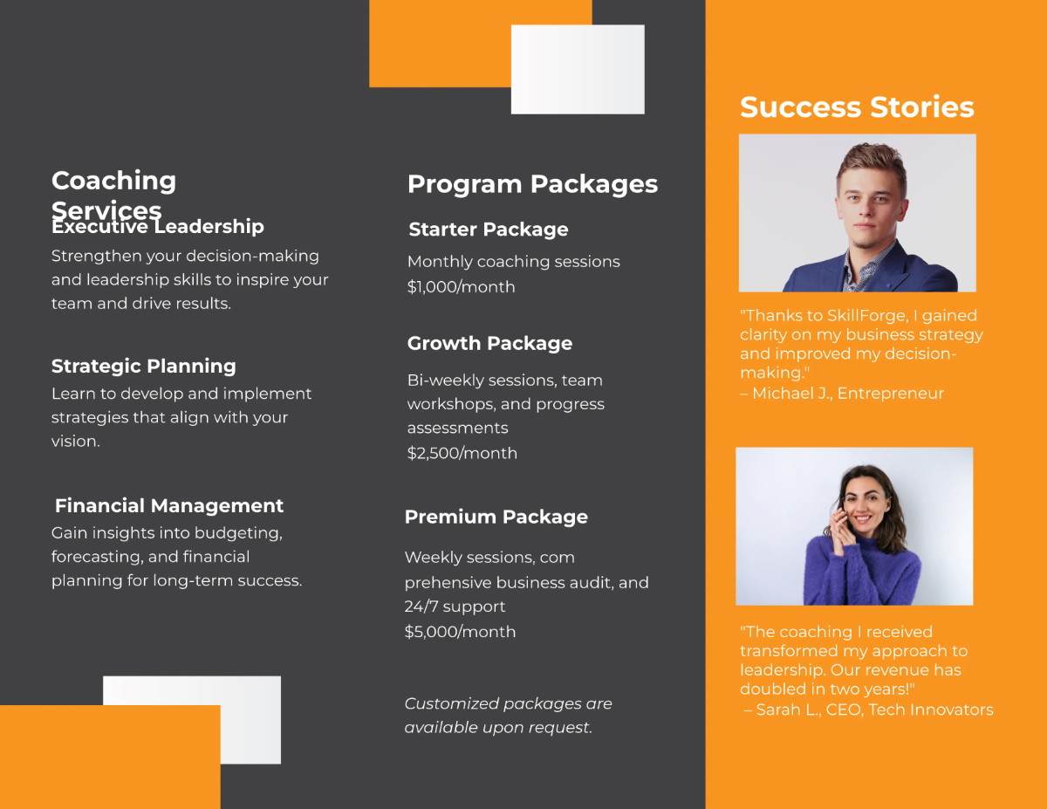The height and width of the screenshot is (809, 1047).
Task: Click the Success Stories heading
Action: (x=857, y=107)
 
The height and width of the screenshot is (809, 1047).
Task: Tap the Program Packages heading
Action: (x=532, y=184)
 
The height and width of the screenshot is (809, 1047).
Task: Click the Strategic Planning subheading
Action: (x=144, y=366)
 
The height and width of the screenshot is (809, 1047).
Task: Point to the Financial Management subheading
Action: (x=169, y=505)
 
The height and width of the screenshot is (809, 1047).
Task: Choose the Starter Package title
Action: (x=489, y=230)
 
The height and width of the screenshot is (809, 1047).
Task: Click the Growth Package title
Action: (x=489, y=343)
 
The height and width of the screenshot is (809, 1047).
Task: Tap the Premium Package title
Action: (x=496, y=517)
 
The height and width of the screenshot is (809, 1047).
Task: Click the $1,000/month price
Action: (x=461, y=287)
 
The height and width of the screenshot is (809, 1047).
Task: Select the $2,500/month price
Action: (x=462, y=453)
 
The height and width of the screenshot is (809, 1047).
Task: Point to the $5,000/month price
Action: (x=460, y=632)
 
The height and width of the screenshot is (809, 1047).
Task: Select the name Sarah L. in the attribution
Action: (x=789, y=710)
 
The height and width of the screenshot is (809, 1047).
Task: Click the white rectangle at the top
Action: (x=578, y=69)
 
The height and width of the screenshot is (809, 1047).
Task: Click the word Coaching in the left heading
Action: (x=113, y=181)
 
